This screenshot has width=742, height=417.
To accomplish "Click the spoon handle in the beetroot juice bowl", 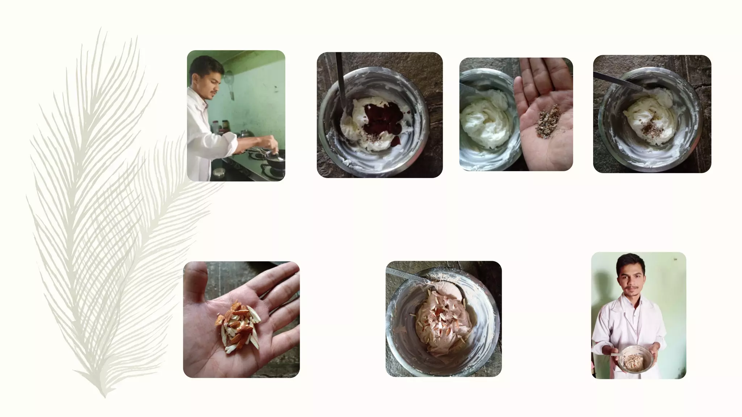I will tap(340, 80).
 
